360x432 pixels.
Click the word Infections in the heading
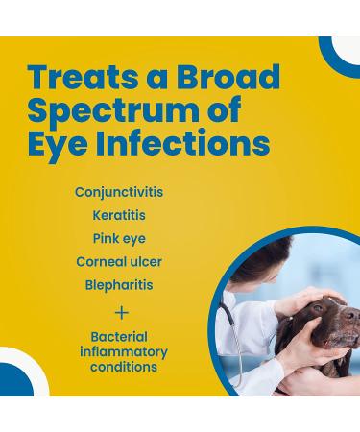[181, 144]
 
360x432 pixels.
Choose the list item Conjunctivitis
[119, 192]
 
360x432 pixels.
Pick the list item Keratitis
[119, 215]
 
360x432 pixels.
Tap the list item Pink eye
[120, 238]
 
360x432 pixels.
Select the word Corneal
[102, 262]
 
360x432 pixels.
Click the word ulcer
[148, 262]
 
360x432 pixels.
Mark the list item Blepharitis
[119, 285]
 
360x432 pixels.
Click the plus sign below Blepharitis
[121, 312]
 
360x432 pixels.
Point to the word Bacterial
[119, 338]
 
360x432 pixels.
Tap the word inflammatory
[119, 352]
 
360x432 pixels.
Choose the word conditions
[119, 367]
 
